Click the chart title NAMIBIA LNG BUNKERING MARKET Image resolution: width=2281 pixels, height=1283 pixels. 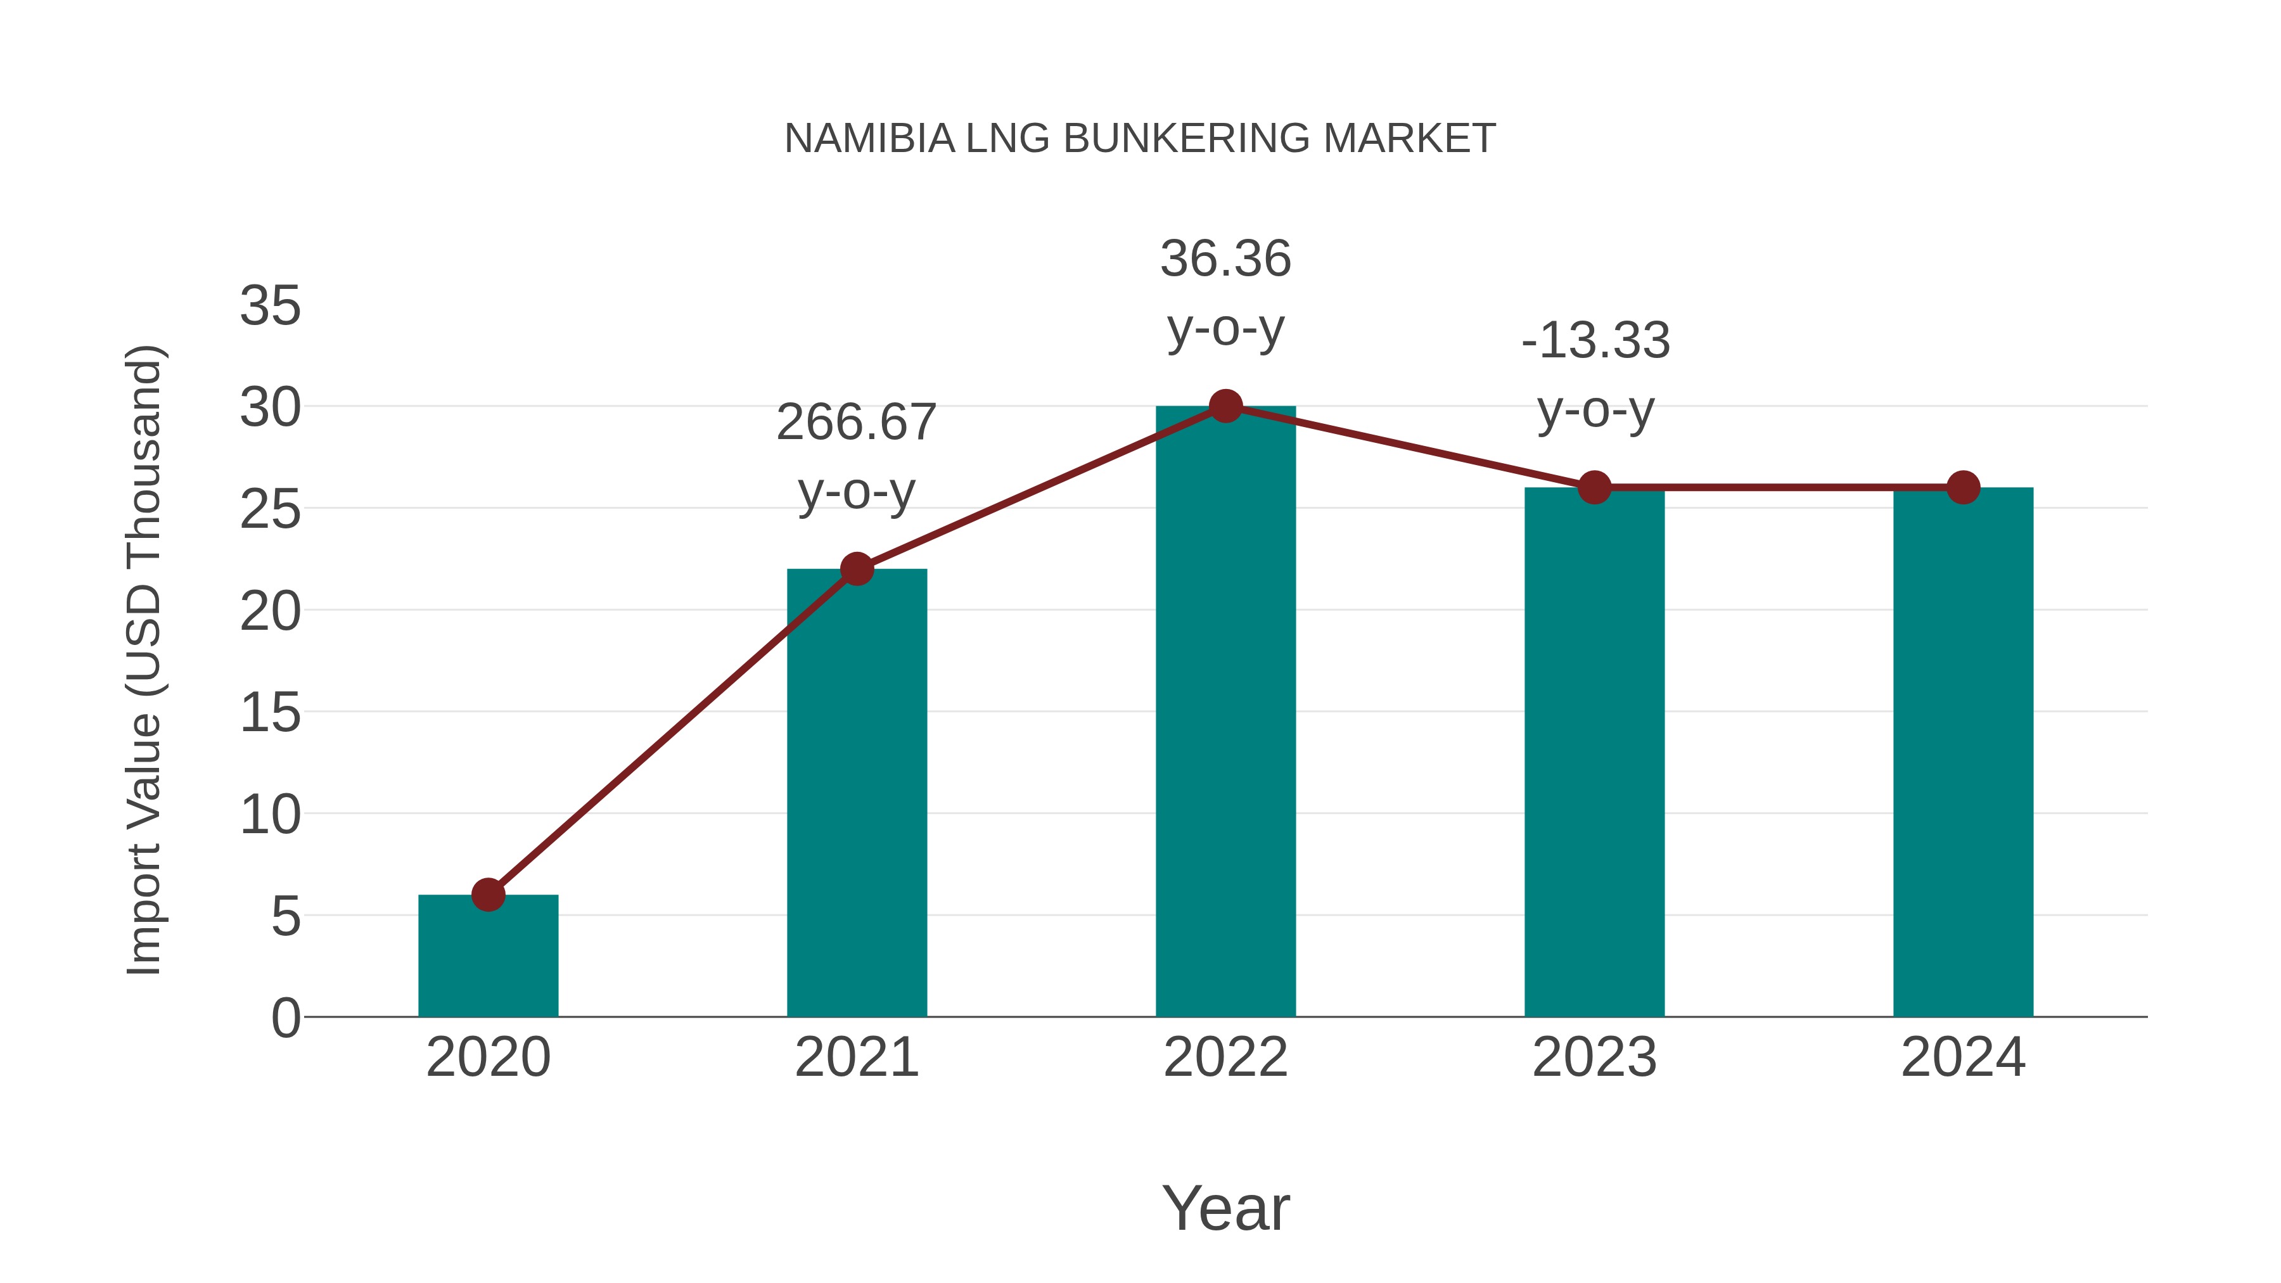coord(1140,139)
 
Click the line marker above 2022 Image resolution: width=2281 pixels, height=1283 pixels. coord(1225,405)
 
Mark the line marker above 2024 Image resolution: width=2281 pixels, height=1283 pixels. coord(1963,487)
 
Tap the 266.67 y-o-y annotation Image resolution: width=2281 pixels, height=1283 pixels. coord(856,456)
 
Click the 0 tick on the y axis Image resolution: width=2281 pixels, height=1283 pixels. coord(286,1018)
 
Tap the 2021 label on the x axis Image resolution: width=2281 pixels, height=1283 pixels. coord(856,1057)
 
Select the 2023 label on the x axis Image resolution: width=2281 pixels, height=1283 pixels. coord(1594,1057)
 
